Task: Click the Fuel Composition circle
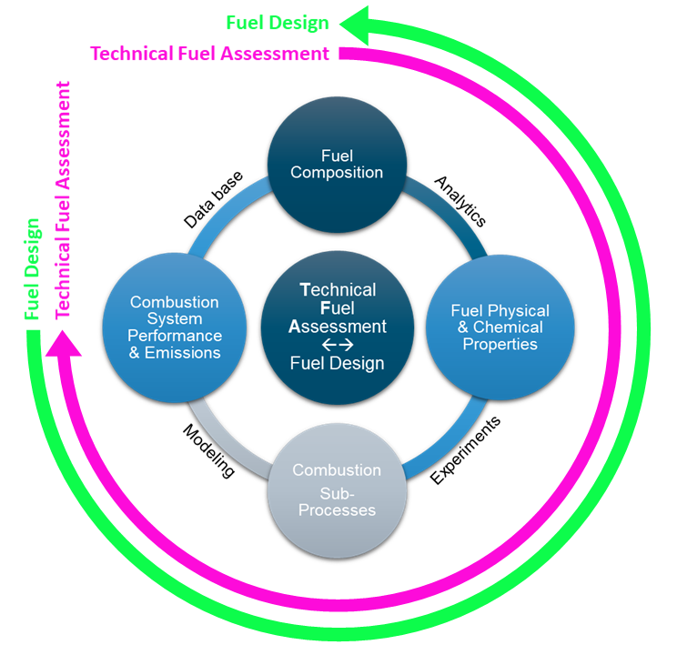tap(337, 163)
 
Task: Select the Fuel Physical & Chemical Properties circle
tap(500, 327)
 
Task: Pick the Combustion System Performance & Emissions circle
tap(175, 327)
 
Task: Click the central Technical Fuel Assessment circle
tap(337, 327)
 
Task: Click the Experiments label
tap(465, 451)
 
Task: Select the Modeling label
tap(208, 452)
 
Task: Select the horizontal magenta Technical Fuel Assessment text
tap(210, 54)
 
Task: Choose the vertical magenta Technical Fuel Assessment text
tap(63, 199)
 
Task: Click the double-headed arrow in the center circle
tap(337, 346)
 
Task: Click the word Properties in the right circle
tap(500, 344)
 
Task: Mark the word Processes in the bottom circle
tap(337, 509)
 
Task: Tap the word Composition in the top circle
tap(337, 173)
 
